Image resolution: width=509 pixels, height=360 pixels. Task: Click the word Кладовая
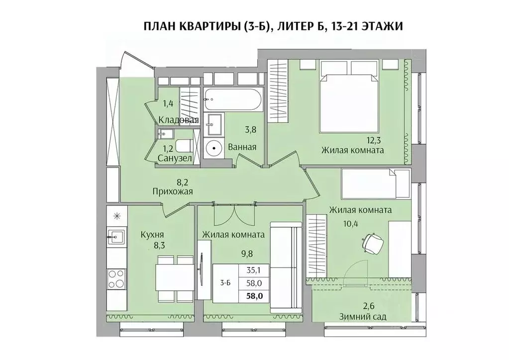click(x=179, y=120)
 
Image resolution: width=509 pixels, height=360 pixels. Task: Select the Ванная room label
click(x=242, y=147)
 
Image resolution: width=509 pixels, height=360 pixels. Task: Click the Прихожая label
click(x=173, y=191)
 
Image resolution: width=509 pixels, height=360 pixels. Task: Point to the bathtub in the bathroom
click(x=232, y=100)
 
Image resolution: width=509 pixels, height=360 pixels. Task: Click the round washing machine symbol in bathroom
click(x=214, y=148)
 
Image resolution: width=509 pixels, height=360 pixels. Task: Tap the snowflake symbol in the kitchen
click(x=117, y=216)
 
